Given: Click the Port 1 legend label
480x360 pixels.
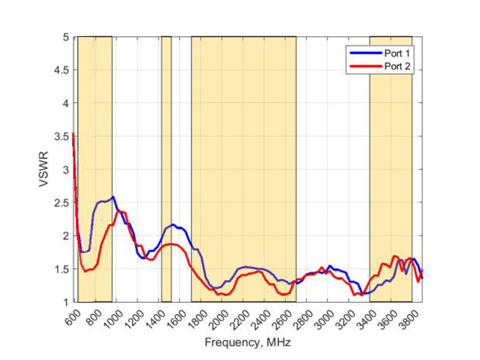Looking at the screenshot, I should (x=397, y=53).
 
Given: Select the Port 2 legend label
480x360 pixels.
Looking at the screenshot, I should (x=397, y=66).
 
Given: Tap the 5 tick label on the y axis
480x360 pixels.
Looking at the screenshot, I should (x=66, y=37).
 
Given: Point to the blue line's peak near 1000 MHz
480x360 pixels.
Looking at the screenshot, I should (x=113, y=196).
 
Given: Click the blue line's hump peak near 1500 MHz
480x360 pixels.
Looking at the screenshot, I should (x=174, y=225).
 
